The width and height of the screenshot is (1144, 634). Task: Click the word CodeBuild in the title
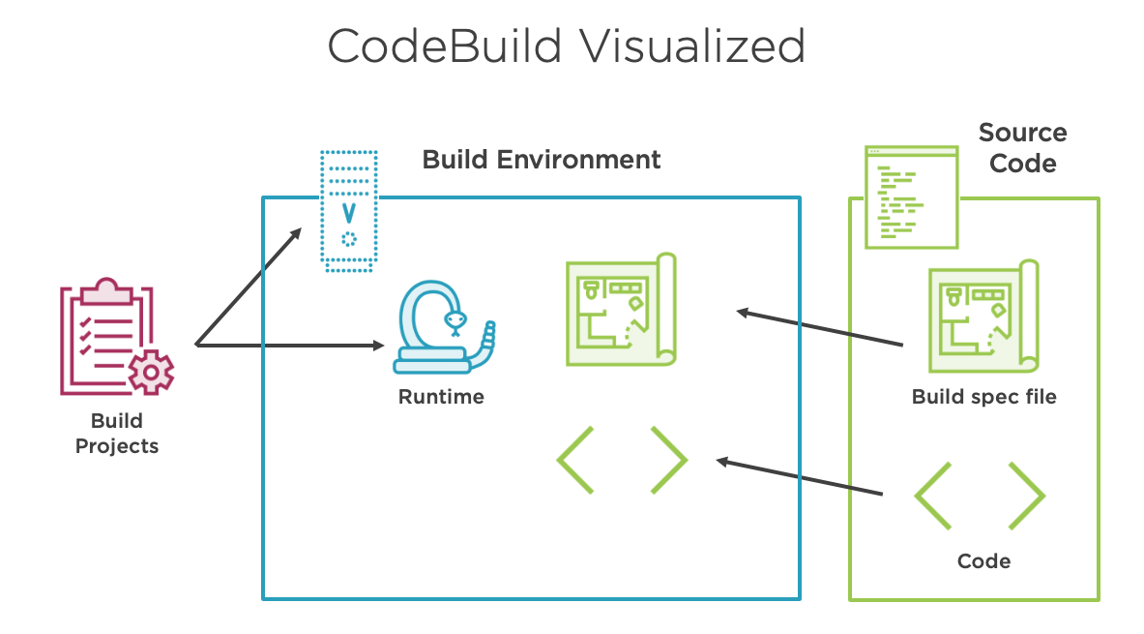[444, 46]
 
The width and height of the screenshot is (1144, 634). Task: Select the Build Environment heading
[542, 160]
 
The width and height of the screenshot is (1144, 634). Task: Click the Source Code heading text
[1023, 147]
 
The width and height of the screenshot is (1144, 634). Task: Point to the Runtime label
[441, 397]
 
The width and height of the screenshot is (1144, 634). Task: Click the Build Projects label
[117, 433]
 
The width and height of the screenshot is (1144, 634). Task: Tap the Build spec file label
[984, 397]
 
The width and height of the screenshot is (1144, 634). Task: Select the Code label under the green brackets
[984, 561]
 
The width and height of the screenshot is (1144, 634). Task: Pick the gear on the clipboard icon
[151, 373]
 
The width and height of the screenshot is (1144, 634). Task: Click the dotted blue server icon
[349, 211]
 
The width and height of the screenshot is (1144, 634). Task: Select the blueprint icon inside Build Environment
[622, 309]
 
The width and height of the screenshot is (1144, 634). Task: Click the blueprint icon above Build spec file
[983, 317]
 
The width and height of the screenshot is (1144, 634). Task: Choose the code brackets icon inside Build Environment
[622, 460]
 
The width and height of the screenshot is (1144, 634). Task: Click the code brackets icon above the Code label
[980, 496]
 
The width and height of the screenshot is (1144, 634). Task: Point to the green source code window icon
[911, 197]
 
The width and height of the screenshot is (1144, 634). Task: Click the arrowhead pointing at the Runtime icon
[378, 345]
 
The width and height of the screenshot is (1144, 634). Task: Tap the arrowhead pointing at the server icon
[296, 233]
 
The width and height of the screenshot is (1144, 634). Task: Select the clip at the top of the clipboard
[106, 290]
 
